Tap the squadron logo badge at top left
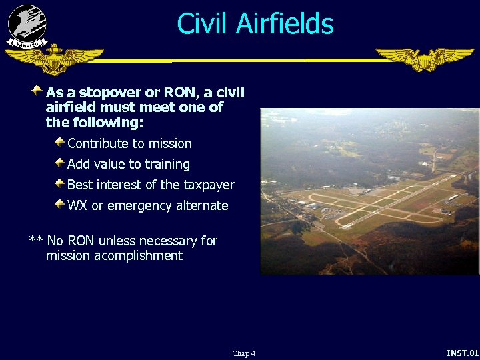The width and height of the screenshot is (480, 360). tap(27, 26)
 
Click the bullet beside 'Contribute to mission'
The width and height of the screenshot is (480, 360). tap(59, 142)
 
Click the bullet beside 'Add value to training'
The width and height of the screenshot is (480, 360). tap(59, 163)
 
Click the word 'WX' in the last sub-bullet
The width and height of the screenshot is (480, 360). tap(77, 206)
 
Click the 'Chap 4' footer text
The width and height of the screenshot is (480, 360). tap(243, 353)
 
